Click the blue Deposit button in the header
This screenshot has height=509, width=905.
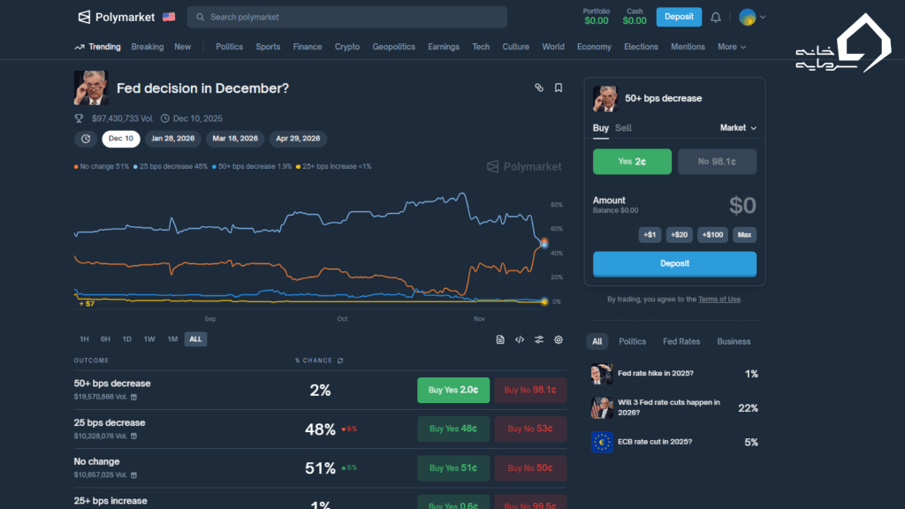click(679, 17)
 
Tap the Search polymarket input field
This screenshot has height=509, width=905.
click(347, 17)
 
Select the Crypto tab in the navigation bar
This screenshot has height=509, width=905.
click(347, 47)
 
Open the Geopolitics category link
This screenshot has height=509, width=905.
click(393, 47)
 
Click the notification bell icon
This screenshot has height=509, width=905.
click(716, 17)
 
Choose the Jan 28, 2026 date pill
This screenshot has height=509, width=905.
click(173, 139)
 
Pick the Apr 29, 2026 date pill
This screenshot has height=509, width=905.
click(298, 139)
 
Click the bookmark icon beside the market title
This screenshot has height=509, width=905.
click(559, 87)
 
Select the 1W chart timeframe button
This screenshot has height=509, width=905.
click(149, 339)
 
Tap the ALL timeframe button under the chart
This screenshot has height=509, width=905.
click(195, 339)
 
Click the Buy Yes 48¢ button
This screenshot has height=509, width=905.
click(452, 429)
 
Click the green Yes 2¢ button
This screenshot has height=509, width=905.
click(632, 162)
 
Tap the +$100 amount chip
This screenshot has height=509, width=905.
click(713, 234)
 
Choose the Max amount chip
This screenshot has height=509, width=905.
click(745, 234)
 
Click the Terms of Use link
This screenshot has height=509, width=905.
click(719, 300)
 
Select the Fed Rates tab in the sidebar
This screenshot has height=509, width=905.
click(681, 341)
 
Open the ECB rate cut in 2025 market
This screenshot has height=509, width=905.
click(655, 442)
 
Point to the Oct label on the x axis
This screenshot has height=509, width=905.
click(342, 318)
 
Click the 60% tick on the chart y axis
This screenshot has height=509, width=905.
click(557, 229)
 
